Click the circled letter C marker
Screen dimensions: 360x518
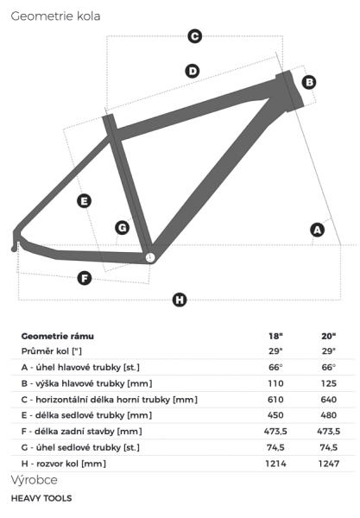click(194, 36)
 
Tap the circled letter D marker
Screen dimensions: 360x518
click(193, 71)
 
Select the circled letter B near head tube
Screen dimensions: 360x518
click(309, 82)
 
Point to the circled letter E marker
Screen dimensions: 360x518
click(85, 201)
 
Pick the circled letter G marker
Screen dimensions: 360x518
click(123, 228)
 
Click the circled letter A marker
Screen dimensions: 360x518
click(318, 230)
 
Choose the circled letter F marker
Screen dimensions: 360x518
click(85, 278)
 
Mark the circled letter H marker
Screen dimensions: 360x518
click(180, 300)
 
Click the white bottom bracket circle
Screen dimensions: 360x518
click(150, 257)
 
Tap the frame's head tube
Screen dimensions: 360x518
click(290, 91)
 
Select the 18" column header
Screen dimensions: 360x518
click(275, 336)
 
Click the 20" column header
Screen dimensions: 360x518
click(329, 336)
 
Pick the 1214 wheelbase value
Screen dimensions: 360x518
click(275, 464)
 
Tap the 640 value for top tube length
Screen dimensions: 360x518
click(329, 400)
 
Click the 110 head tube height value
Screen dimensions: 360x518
click(275, 383)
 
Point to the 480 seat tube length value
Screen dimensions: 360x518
click(329, 415)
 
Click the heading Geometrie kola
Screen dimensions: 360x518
click(55, 16)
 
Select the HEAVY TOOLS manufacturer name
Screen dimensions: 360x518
click(41, 498)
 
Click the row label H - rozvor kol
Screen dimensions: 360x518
click(64, 464)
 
